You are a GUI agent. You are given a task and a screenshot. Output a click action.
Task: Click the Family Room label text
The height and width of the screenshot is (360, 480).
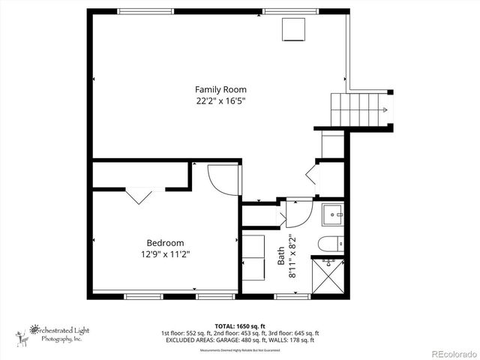click(220, 89)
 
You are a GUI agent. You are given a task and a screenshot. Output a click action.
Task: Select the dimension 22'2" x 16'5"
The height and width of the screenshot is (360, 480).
click(220, 100)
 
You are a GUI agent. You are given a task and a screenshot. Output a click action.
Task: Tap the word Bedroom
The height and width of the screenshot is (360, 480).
click(165, 243)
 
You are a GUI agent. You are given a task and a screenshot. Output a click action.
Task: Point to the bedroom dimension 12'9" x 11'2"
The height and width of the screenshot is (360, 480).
click(165, 254)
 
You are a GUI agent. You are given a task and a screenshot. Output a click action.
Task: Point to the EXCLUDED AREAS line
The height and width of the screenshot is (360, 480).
click(239, 340)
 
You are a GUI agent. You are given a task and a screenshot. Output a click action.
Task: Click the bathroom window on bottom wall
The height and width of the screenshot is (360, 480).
click(292, 296)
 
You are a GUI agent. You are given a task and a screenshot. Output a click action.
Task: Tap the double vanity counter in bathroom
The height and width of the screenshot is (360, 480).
click(253, 256)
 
